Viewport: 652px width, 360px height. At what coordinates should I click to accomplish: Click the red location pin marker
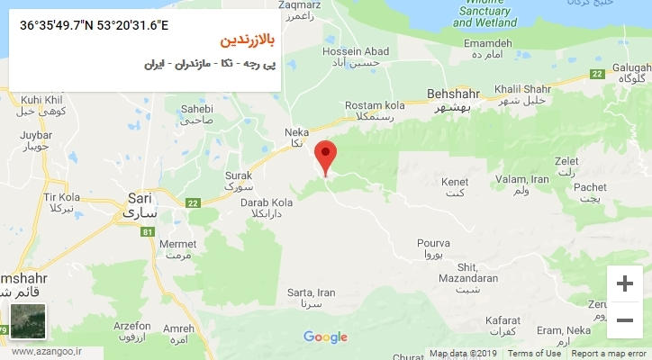point(326,156)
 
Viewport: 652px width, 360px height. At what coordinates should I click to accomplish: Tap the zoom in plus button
point(624,283)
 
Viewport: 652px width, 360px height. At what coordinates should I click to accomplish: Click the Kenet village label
point(455,187)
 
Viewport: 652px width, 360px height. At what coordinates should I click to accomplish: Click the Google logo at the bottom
point(325,337)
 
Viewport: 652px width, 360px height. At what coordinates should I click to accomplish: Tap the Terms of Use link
point(533,354)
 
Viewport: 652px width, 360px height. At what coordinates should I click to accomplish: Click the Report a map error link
point(609,354)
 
